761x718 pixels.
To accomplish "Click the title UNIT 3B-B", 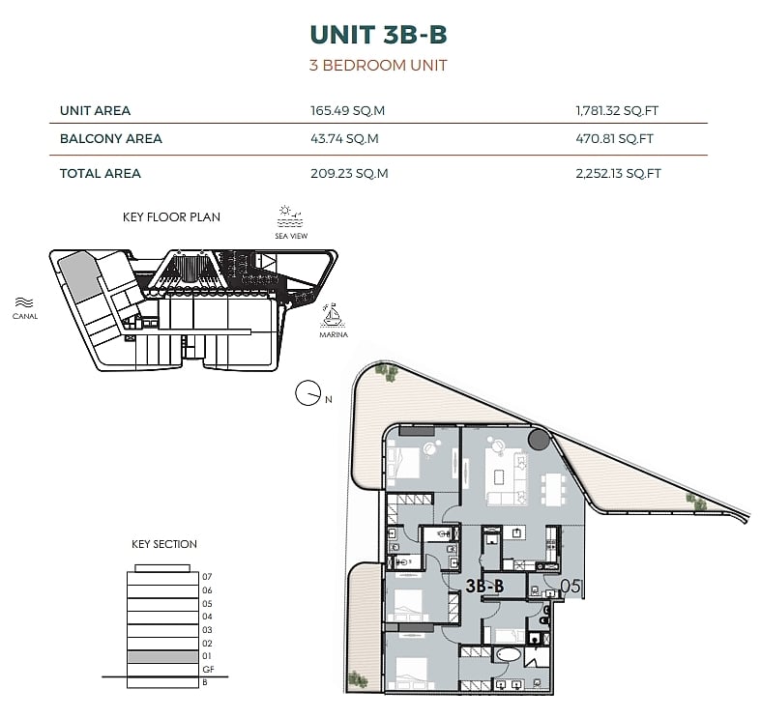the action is coord(378,35).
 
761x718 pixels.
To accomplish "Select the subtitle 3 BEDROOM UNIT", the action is coord(378,65).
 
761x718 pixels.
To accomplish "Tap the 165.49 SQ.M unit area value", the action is coord(347,110).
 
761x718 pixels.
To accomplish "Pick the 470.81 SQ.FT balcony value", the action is coord(614,139).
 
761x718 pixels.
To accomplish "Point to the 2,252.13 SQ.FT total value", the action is coord(618,174).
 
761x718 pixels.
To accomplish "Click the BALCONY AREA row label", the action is coord(110,139).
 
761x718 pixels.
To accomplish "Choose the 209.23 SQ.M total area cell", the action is coord(349,174).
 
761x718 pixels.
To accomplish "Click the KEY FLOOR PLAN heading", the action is coord(171,216).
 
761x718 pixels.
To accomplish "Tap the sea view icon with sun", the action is coord(290,216).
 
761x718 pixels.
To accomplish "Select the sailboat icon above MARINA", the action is coord(333,315).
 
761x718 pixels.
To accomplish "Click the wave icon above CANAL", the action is coord(24,302).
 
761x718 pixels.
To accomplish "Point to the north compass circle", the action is coord(307,393).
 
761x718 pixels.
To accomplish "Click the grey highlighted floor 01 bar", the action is coord(163,657).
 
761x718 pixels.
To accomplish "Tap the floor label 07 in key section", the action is coord(207,577).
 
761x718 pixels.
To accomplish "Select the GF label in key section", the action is coord(208,670).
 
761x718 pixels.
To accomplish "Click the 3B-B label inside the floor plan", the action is coord(484,586).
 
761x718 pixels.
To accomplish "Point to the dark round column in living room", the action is coord(539,440).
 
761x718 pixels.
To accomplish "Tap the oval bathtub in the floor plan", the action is coord(507,656).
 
